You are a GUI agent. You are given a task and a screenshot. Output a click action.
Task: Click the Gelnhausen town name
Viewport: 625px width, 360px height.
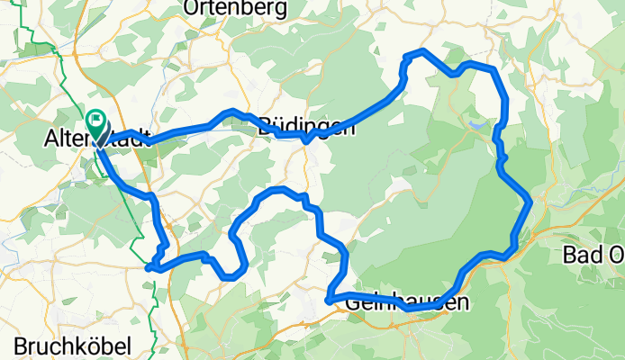(x=407, y=304)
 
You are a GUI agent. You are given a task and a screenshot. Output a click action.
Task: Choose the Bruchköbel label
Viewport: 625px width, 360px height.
(x=73, y=346)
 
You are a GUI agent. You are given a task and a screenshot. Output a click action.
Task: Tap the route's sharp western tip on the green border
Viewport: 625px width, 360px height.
(x=147, y=266)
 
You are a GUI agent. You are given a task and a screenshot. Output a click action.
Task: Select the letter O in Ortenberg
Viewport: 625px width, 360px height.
(x=192, y=9)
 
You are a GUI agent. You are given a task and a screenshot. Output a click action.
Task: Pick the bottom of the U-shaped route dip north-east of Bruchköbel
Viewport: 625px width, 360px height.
(x=231, y=276)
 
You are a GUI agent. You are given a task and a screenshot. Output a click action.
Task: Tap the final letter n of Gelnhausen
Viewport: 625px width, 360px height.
(x=462, y=304)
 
